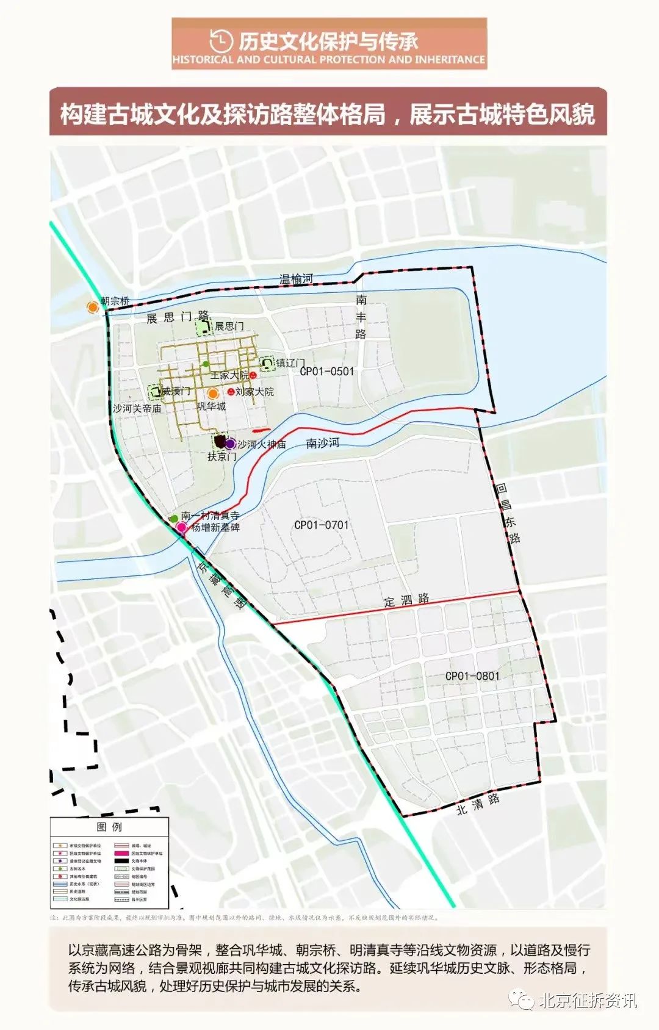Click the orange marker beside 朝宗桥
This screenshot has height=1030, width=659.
pos(93,307)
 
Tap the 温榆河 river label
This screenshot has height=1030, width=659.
pos(297,279)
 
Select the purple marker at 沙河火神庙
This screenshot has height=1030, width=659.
pos(230,444)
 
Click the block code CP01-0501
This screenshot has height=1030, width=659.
pos(327,371)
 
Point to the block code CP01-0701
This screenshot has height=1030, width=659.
pos(322,525)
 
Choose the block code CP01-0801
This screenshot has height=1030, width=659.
pos(472,676)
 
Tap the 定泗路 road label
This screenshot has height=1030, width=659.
pos(407,600)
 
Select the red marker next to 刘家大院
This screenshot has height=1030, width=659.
pos(231,392)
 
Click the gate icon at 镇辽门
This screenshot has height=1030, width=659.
pos(267,364)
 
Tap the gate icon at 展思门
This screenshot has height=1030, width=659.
pos(204,328)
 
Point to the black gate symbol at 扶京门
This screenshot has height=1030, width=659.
pos(220,441)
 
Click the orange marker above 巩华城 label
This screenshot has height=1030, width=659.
pos(212,394)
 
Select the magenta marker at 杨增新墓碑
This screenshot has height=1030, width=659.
pos(181,527)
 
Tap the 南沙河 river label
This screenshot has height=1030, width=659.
pos(322,444)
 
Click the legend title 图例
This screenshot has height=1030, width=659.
pos(109,827)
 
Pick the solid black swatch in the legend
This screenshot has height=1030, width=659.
pos(121,861)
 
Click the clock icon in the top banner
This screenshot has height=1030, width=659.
pos(220,41)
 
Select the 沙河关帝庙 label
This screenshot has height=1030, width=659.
pos(137,408)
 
